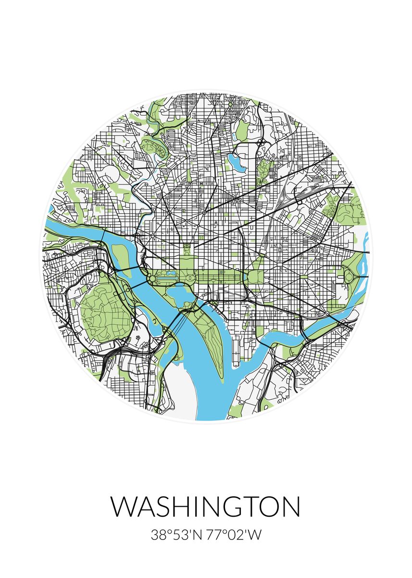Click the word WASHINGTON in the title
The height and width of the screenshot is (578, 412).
tap(205, 506)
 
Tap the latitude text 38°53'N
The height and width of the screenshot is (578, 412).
tap(176, 535)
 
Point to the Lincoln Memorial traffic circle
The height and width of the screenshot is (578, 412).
tap(152, 278)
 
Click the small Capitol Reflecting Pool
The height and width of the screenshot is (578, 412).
tap(245, 278)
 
